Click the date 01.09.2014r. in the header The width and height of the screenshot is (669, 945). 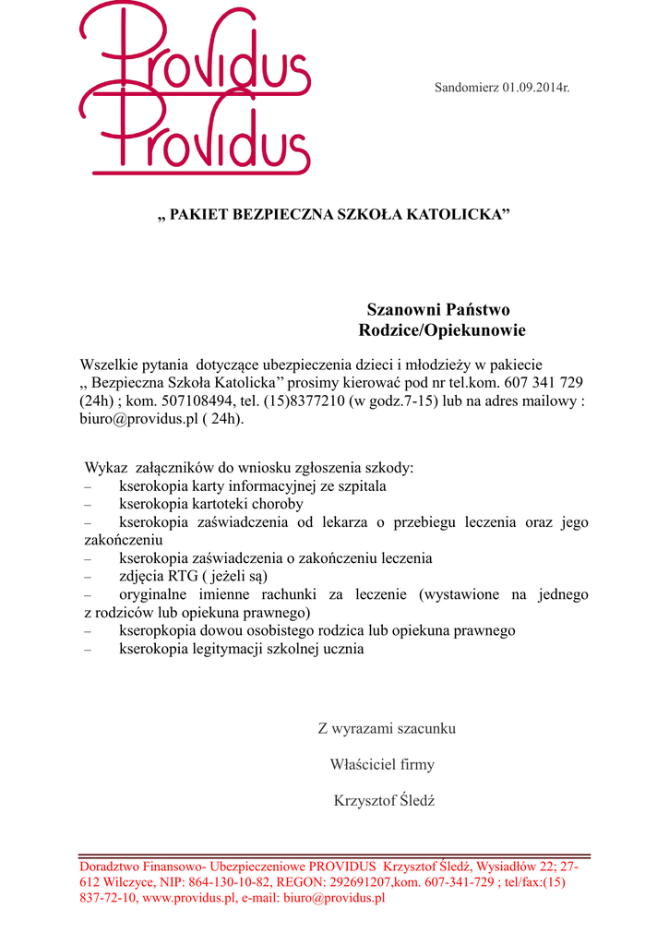coord(536,88)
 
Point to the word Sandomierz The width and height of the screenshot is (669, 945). coord(468,88)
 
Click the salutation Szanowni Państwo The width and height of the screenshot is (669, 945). coord(438,309)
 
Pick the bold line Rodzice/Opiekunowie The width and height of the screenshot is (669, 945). coord(442,330)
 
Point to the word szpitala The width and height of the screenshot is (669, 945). coord(357,485)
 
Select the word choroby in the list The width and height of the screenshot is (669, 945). coord(276,504)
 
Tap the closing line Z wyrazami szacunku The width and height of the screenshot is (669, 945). coord(387,728)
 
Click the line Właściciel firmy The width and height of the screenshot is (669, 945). coord(382,764)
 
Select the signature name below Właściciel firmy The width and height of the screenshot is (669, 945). coord(384,800)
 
